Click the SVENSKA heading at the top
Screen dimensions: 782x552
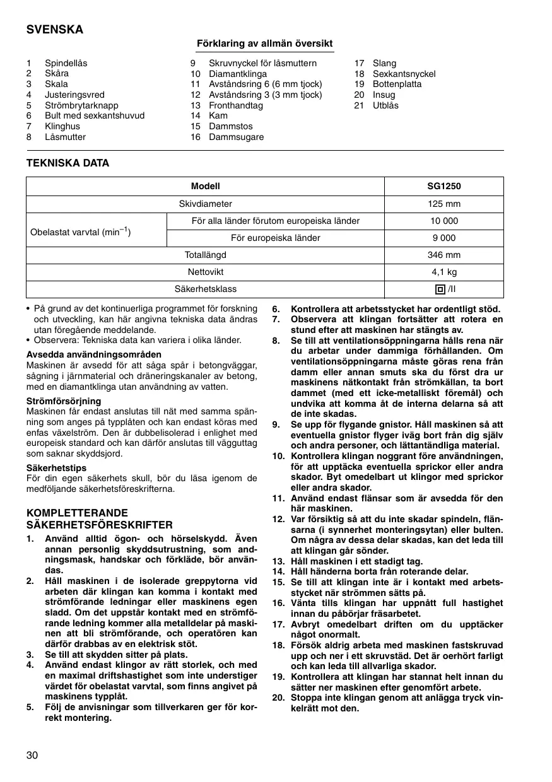coord(54,30)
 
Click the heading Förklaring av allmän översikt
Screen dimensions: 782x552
coord(265,43)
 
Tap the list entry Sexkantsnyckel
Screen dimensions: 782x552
coord(404,74)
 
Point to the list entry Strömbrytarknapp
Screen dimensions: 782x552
coord(81,105)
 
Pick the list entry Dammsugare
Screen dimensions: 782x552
coord(236,137)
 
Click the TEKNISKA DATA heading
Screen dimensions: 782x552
coord(68,163)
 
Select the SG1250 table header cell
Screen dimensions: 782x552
coord(443,187)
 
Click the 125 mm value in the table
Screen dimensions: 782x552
coord(443,204)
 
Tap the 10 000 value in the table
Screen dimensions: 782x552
coord(443,221)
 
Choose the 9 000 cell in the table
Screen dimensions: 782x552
coord(443,238)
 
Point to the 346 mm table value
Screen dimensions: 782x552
coord(443,255)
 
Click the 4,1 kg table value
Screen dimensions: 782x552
coord(443,272)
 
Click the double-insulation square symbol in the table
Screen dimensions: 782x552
coord(439,289)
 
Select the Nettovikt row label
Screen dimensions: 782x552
coord(205,272)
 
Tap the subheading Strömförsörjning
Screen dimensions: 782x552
coord(63,401)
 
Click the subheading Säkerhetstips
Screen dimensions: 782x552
coord(56,469)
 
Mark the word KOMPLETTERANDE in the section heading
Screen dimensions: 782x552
coord(77,513)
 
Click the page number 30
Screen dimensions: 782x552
coord(33,756)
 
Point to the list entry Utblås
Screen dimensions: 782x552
coord(385,105)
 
